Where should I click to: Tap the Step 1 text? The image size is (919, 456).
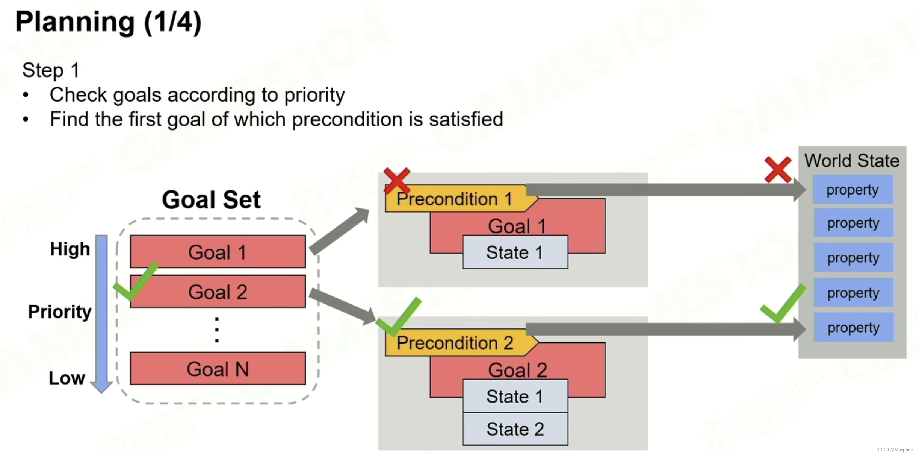[x=51, y=70]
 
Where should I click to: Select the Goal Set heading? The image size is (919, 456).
[x=211, y=199]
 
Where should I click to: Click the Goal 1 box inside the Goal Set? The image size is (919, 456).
[x=218, y=252]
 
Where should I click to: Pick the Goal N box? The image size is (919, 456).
[x=218, y=369]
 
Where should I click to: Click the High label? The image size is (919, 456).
[x=70, y=249]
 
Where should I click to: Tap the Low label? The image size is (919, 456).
[x=67, y=378]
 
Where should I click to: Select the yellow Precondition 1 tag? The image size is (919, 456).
[x=455, y=199]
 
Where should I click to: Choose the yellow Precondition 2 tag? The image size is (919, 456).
[x=455, y=343]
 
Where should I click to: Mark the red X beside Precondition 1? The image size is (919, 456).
[x=396, y=181]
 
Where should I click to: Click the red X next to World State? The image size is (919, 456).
[x=778, y=170]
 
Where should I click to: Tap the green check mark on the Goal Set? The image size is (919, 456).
[x=135, y=281]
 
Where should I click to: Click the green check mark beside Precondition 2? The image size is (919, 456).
[x=398, y=316]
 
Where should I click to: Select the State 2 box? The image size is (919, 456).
[x=515, y=429]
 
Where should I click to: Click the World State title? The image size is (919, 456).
[x=852, y=161]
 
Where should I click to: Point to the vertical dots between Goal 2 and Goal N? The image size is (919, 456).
[x=217, y=330]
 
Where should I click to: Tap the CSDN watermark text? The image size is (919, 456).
[x=894, y=450]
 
